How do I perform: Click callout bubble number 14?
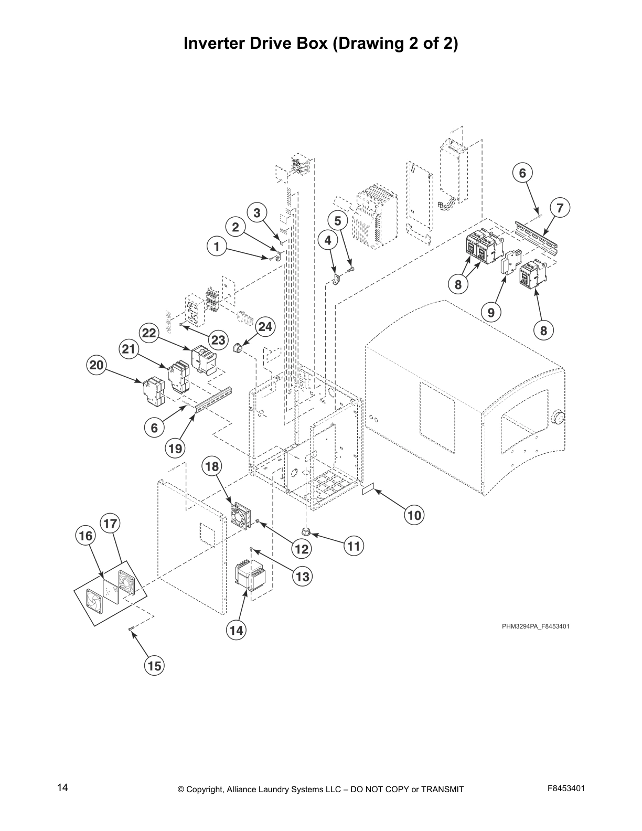pos(237,630)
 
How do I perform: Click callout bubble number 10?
pos(414,515)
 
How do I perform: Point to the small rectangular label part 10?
pos(368,489)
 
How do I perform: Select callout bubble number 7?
pos(560,208)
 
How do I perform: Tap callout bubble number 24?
pos(265,327)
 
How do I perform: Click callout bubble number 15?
pos(154,666)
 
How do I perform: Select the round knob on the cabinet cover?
pos(559,419)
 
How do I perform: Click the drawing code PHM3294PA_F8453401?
pos(536,626)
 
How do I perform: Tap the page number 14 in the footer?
pos(62,787)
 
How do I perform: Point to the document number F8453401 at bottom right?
pos(566,788)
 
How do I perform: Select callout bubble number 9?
pos(491,313)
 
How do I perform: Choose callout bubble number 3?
pos(256,212)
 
